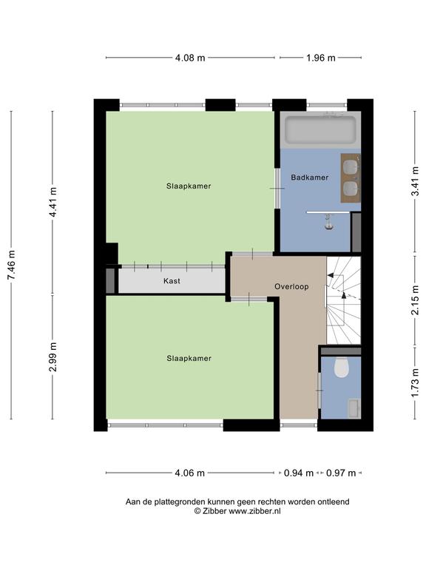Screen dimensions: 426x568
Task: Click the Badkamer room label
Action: click(310, 177)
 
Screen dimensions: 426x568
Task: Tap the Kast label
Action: click(172, 281)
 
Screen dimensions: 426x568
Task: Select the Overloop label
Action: click(291, 286)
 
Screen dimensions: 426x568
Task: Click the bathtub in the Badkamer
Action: click(320, 129)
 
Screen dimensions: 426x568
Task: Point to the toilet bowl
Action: click(341, 368)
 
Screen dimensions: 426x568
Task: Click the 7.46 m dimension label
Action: click(11, 265)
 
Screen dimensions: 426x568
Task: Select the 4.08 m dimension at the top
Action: click(190, 58)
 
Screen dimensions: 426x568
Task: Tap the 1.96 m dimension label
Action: click(321, 58)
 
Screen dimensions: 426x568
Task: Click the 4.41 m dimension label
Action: click(53, 202)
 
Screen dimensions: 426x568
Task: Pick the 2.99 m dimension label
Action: click(53, 356)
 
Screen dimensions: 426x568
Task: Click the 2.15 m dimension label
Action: click(415, 301)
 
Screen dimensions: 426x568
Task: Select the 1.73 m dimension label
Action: click(415, 382)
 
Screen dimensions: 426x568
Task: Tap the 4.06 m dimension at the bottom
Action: click(190, 473)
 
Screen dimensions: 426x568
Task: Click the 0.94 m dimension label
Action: click(299, 473)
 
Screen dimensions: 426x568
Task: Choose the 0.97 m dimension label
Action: click(341, 473)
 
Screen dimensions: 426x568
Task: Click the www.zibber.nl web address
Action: click(254, 511)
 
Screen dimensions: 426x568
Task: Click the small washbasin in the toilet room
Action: click(354, 408)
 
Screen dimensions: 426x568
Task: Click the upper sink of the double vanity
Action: click(351, 167)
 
